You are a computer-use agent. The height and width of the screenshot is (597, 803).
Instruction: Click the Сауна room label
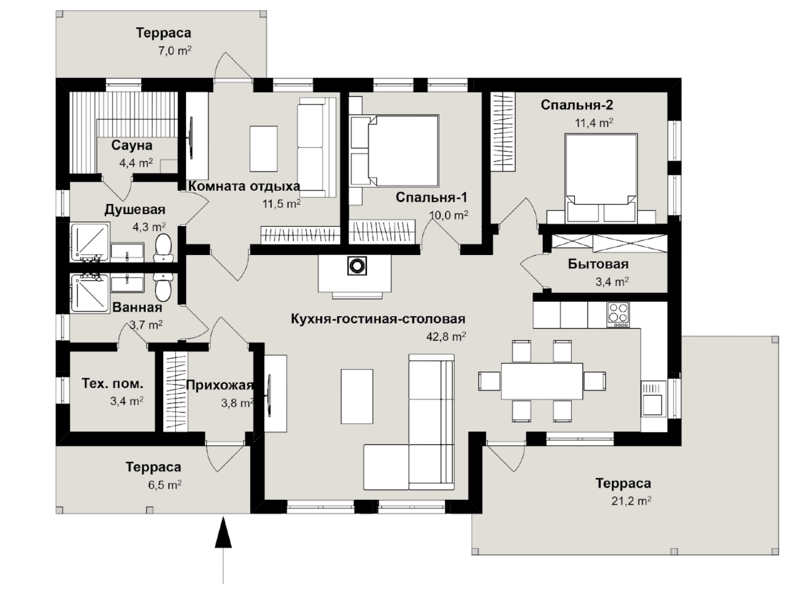click(131, 146)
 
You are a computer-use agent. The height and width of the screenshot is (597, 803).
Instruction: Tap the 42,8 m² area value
click(446, 336)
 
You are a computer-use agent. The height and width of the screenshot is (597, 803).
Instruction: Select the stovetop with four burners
click(618, 314)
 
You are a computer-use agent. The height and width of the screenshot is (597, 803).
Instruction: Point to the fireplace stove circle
click(356, 266)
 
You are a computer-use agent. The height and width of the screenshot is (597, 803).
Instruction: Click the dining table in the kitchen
click(542, 381)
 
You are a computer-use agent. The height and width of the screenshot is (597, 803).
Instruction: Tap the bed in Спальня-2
click(601, 178)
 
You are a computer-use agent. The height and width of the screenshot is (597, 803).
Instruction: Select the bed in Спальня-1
click(395, 151)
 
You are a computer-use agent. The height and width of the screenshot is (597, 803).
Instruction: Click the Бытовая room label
click(598, 264)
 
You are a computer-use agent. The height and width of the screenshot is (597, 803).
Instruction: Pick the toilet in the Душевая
click(163, 248)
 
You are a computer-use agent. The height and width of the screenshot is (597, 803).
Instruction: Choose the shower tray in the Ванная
click(90, 293)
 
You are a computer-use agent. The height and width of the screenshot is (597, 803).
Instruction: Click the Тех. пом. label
click(112, 383)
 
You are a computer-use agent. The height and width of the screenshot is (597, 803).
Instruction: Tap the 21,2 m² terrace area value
click(631, 501)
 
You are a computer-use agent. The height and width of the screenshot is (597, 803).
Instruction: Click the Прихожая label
click(219, 386)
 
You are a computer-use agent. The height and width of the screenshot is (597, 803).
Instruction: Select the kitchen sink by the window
click(653, 399)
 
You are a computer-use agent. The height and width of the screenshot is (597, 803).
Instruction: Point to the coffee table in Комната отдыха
click(263, 149)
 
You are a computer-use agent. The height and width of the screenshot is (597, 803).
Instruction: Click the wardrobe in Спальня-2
click(503, 132)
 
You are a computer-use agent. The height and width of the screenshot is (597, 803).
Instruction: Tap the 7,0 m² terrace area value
click(174, 50)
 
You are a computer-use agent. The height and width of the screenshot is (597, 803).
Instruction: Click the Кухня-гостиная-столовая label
click(378, 319)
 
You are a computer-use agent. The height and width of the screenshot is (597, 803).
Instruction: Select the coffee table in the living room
click(357, 396)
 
